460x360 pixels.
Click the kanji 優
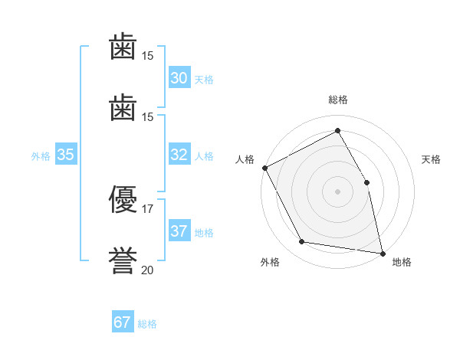(123, 201)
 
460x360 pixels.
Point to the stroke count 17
(148, 208)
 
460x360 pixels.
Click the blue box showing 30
(179, 78)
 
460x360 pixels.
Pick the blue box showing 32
(179, 155)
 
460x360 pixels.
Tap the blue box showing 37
(179, 231)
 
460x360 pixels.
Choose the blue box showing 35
(66, 155)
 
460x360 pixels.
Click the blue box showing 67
(123, 322)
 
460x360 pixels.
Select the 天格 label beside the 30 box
(204, 80)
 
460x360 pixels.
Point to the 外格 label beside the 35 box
(41, 156)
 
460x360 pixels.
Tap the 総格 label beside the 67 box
(147, 324)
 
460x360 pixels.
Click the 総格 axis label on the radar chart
(337, 100)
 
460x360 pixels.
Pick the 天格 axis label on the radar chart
(432, 159)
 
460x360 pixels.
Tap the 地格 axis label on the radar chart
(402, 262)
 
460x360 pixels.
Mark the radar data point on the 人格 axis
(264, 168)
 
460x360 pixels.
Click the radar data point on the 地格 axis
(382, 253)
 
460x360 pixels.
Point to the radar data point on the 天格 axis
(366, 182)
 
